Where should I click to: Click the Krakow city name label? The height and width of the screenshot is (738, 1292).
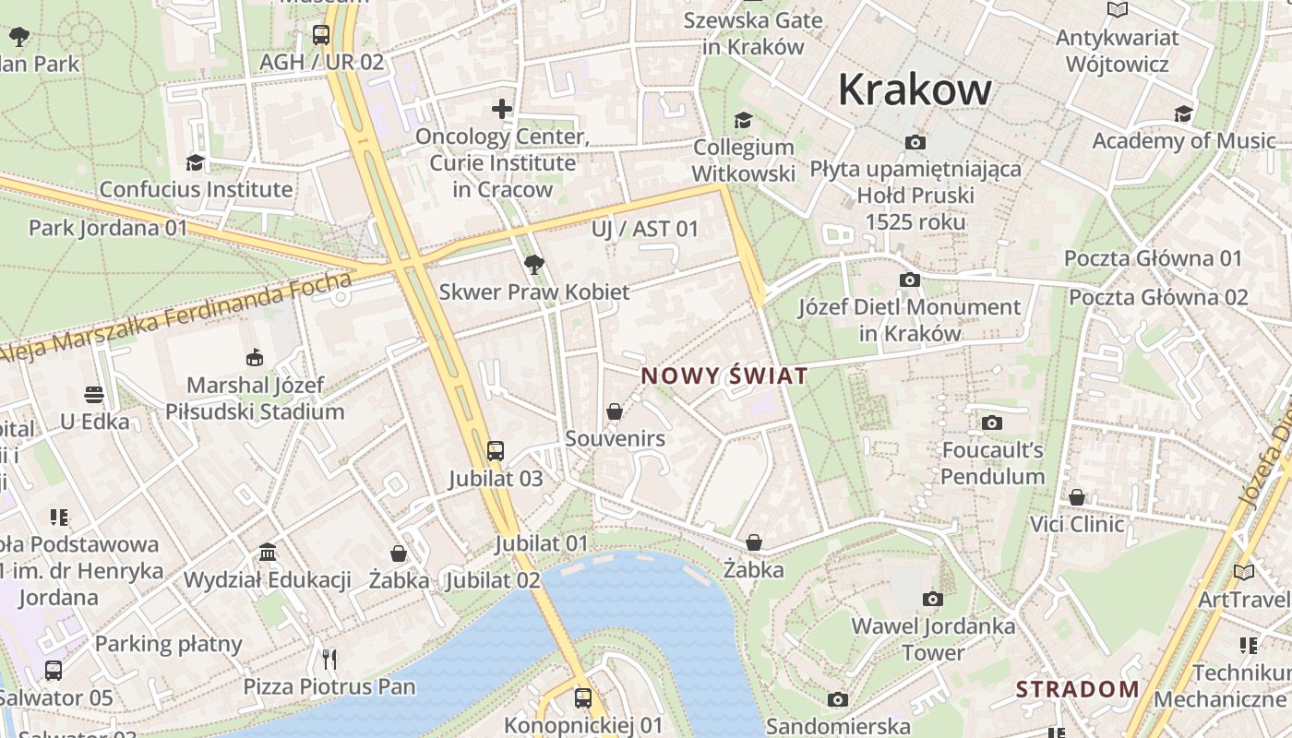point(915,89)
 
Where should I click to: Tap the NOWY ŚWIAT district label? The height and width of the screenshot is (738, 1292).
point(724,376)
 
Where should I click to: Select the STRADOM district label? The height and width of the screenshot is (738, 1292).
point(1078,689)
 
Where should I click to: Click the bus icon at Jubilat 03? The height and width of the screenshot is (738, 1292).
point(496,450)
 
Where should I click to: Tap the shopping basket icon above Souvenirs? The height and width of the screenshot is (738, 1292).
point(615,411)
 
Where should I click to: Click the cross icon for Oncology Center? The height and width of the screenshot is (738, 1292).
point(502,109)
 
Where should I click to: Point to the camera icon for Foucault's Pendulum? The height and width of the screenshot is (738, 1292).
point(992,423)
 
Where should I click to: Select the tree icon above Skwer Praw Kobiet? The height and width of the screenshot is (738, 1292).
point(533,265)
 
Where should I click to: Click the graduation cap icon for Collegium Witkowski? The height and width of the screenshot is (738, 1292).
point(743,120)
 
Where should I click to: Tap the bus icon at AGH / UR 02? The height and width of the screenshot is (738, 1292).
point(321,35)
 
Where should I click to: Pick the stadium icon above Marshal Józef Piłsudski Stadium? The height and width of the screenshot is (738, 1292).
point(255,357)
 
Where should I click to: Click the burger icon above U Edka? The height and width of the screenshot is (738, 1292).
point(94,395)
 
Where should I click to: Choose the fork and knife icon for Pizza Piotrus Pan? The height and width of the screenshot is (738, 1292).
point(329,659)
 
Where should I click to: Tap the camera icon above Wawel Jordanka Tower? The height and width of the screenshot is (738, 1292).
point(933,599)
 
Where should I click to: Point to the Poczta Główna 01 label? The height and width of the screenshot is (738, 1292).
point(1154,258)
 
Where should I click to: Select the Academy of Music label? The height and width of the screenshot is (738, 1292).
point(1184,141)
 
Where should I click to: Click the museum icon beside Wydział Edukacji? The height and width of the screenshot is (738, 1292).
point(268,552)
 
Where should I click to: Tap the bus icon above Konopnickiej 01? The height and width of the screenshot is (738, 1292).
point(583,697)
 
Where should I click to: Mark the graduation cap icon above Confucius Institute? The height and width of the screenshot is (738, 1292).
point(195,162)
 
